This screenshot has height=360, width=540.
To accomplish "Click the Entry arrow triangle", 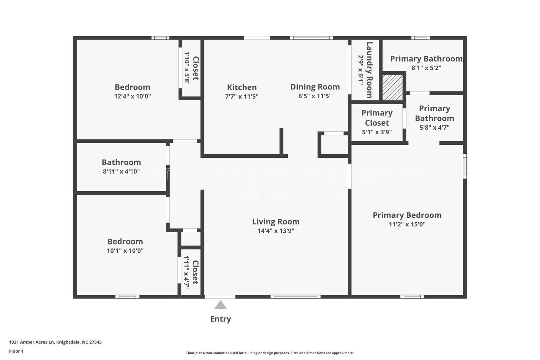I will [x=220, y=306].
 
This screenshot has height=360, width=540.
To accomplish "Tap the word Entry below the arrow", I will [x=220, y=319].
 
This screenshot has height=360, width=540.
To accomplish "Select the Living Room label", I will [x=276, y=222].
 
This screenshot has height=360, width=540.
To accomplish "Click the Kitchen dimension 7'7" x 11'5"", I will [x=242, y=96].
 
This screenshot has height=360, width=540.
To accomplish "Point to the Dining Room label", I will [x=315, y=87].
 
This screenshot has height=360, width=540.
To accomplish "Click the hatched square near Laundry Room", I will [x=393, y=87].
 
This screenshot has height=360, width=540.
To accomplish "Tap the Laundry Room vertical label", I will [x=369, y=70].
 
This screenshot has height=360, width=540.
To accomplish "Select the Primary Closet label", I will [x=377, y=118].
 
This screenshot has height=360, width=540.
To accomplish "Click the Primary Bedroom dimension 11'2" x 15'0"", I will [x=407, y=224].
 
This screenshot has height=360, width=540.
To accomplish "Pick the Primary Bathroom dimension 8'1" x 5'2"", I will [x=426, y=68].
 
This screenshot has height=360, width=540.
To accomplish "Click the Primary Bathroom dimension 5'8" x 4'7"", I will [x=434, y=127].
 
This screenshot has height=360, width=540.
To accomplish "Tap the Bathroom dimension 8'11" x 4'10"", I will [x=121, y=171].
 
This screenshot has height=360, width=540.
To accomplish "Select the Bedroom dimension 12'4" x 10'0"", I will [x=132, y=96].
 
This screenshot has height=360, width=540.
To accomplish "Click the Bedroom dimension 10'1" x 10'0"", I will [x=125, y=251].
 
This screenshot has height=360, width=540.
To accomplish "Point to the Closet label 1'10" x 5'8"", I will [x=195, y=68].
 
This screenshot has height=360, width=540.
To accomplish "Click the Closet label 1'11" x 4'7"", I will [x=195, y=272].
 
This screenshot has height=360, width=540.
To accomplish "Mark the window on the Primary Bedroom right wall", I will [x=465, y=166].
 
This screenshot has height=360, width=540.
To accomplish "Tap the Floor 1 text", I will [x=16, y=351].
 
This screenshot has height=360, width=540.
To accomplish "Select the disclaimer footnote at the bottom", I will [x=270, y=353].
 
